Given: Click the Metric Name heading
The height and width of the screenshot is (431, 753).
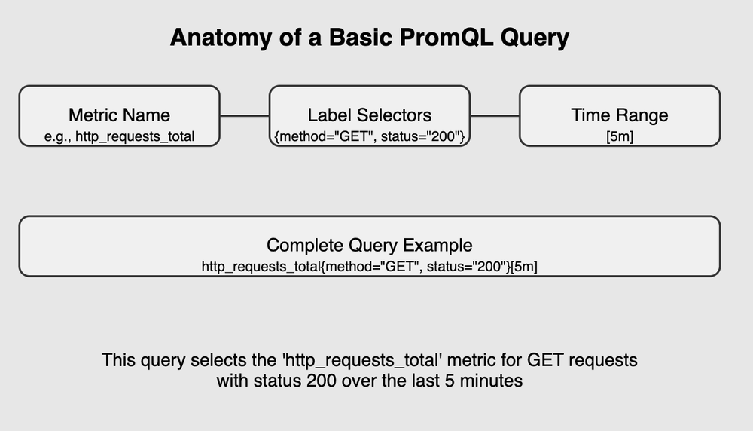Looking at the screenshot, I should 119,115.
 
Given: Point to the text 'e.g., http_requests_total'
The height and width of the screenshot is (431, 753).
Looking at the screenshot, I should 119,136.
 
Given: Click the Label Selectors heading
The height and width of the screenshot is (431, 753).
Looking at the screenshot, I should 369,115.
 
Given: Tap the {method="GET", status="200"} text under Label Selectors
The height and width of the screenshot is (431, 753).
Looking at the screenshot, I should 369,136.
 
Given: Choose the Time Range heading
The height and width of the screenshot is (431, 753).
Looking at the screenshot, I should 619,115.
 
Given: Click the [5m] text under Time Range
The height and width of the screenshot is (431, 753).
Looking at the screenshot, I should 619,136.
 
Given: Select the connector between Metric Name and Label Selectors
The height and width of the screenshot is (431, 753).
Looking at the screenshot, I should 244,116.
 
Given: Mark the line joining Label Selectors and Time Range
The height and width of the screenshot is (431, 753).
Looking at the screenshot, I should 494,116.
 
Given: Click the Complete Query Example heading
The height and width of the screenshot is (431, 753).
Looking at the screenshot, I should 369,246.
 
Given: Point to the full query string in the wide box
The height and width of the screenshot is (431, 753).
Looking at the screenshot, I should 369,266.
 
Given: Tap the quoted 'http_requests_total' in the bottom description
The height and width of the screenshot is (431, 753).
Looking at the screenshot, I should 334,360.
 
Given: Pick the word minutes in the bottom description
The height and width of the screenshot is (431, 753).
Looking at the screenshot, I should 492,381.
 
